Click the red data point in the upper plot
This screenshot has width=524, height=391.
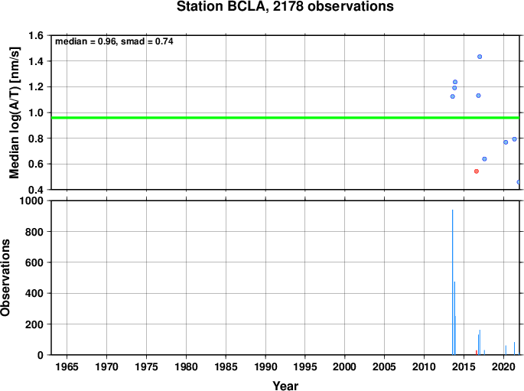pyautogui.click(x=477, y=171)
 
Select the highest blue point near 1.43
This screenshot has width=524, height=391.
pyautogui.click(x=480, y=57)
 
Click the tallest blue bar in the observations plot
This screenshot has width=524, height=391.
pyautogui.click(x=453, y=282)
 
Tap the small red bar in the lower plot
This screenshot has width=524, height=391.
pyautogui.click(x=477, y=353)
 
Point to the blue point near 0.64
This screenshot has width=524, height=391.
pyautogui.click(x=484, y=159)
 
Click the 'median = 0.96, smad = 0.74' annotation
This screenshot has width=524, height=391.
pyautogui.click(x=114, y=41)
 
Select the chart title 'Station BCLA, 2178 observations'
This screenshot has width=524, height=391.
pyautogui.click(x=285, y=7)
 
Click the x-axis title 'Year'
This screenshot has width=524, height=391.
pyautogui.click(x=285, y=386)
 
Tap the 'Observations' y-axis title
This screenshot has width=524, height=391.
pyautogui.click(x=5, y=278)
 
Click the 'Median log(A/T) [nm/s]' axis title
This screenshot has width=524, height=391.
pyautogui.click(x=14, y=112)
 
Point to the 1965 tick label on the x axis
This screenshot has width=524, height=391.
pyautogui.click(x=67, y=367)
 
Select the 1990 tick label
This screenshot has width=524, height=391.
pyautogui.click(x=265, y=367)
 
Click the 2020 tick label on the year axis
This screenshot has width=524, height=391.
pyautogui.click(x=503, y=367)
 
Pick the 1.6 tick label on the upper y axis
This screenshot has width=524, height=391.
pyautogui.click(x=36, y=35)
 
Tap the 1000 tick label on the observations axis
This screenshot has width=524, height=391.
pyautogui.click(x=31, y=200)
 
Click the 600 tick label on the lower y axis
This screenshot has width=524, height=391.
pyautogui.click(x=34, y=262)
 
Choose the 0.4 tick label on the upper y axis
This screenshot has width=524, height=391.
pyautogui.click(x=36, y=190)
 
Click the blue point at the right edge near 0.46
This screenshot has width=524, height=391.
pyautogui.click(x=519, y=182)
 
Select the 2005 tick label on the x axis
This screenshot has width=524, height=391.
pyautogui.click(x=384, y=367)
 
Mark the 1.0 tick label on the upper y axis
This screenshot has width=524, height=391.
pyautogui.click(x=36, y=112)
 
